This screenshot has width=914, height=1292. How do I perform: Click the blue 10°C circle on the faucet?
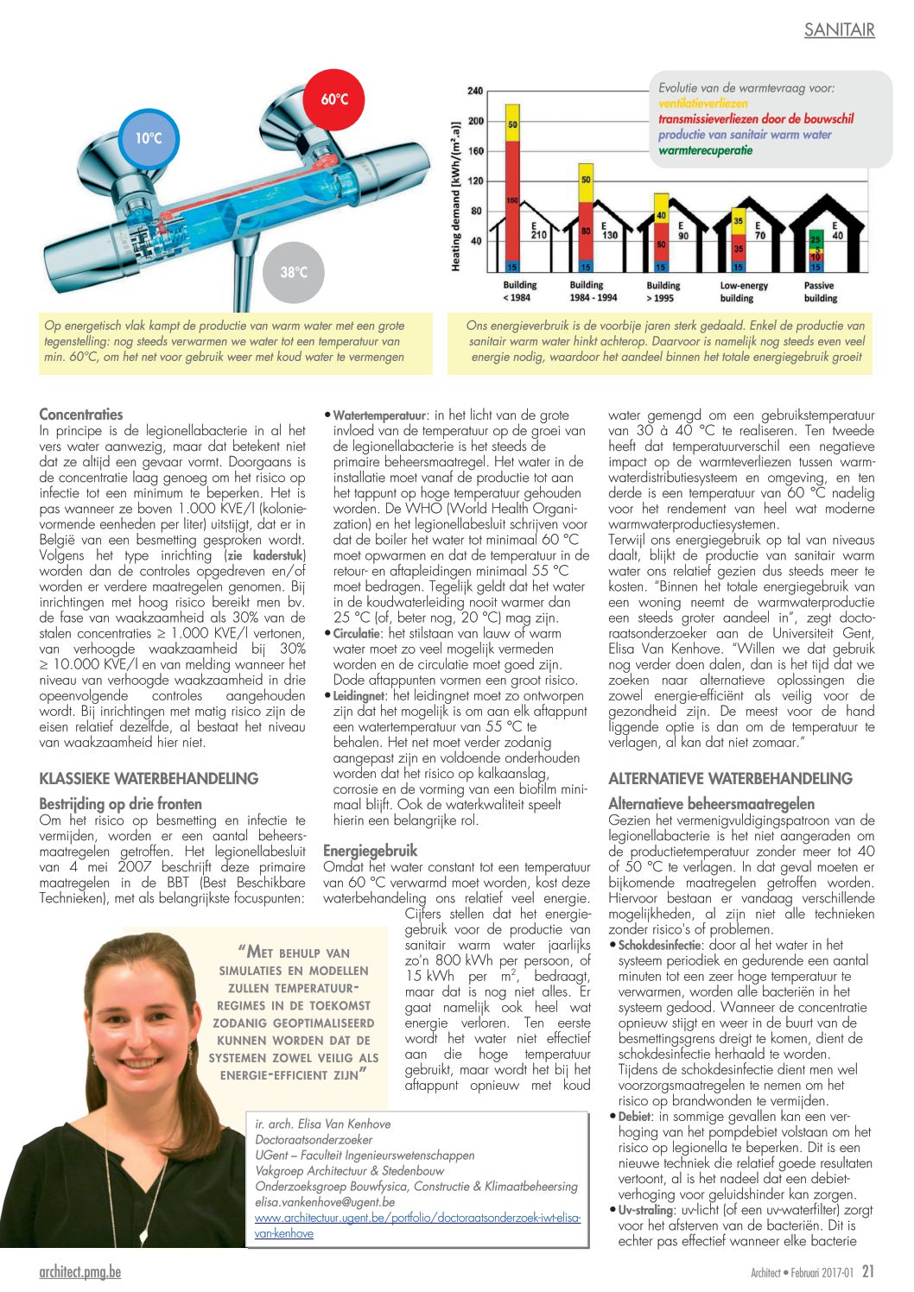(x=149, y=138)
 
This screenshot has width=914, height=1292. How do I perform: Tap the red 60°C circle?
(x=334, y=99)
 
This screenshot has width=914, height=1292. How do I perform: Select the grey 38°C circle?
(x=294, y=272)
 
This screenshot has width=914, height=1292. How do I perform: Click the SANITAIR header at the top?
(x=839, y=30)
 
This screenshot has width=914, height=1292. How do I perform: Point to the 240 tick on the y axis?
(x=475, y=91)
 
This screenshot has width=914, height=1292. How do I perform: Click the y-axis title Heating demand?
(x=456, y=196)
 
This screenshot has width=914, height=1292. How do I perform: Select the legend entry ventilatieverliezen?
(x=703, y=104)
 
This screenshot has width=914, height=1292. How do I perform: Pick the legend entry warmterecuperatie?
(x=705, y=150)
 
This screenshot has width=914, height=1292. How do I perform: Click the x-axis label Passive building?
(x=820, y=292)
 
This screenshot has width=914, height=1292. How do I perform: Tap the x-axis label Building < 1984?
(x=519, y=292)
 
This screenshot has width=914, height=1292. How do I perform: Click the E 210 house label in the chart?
(x=538, y=230)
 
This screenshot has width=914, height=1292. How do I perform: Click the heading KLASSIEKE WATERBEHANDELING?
(x=149, y=778)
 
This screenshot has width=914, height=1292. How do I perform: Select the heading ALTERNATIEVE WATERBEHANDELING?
(x=730, y=778)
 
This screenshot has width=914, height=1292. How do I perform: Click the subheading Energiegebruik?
(x=370, y=850)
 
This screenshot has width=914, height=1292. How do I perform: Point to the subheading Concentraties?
(x=81, y=414)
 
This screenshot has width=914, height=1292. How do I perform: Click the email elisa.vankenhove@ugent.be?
(x=325, y=1201)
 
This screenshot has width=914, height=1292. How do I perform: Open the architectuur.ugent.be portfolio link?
(x=417, y=1218)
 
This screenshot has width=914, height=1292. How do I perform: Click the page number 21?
(x=868, y=1271)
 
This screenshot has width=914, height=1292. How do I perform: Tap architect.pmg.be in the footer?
(x=80, y=1272)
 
